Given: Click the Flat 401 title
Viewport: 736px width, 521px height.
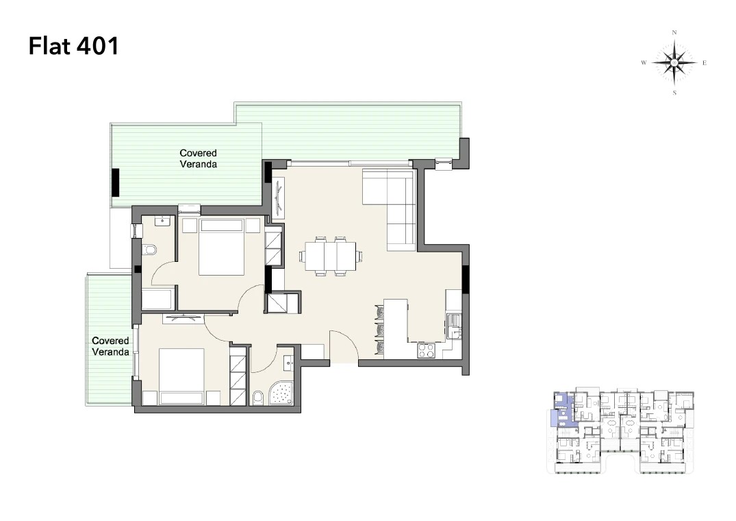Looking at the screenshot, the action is click(74, 46).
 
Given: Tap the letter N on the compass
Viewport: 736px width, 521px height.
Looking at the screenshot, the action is click(674, 32).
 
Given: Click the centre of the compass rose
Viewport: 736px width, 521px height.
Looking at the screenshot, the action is click(674, 62).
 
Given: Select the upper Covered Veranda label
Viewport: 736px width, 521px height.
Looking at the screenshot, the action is click(198, 159).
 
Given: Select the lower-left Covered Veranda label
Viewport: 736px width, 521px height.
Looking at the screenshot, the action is click(110, 346).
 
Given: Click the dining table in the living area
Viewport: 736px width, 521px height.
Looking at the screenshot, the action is click(331, 256).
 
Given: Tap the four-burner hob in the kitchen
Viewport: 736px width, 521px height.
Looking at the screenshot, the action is click(427, 350).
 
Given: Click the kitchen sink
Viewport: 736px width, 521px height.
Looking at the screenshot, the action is click(454, 326).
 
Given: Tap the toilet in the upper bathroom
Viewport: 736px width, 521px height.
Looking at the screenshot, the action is click(149, 250).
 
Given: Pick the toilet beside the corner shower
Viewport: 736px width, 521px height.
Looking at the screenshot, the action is click(257, 398).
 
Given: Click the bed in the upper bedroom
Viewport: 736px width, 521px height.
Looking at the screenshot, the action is click(222, 246).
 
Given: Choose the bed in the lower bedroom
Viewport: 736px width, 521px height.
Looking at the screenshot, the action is click(181, 376).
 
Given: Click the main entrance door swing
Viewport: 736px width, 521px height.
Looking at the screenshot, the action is click(344, 346).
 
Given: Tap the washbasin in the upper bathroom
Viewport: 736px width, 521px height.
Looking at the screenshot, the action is click(163, 220).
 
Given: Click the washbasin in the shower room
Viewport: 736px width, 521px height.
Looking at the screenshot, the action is click(288, 362).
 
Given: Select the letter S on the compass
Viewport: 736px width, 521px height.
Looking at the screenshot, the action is click(674, 93).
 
